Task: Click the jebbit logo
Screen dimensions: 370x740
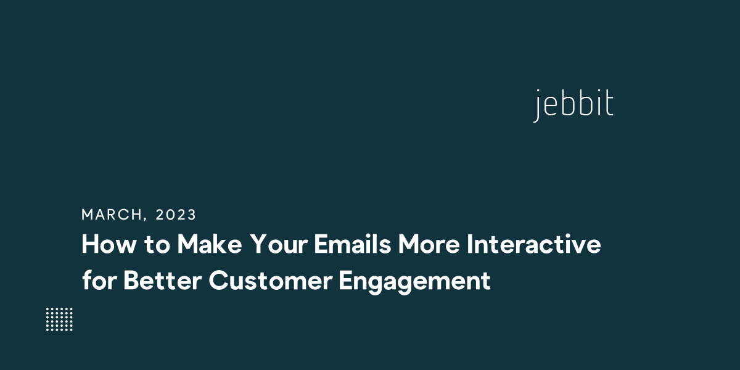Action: click(x=573, y=105)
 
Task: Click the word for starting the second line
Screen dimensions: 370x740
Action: click(x=98, y=281)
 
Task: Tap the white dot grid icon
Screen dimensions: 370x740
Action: click(x=59, y=319)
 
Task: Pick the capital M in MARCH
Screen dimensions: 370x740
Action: click(x=87, y=215)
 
